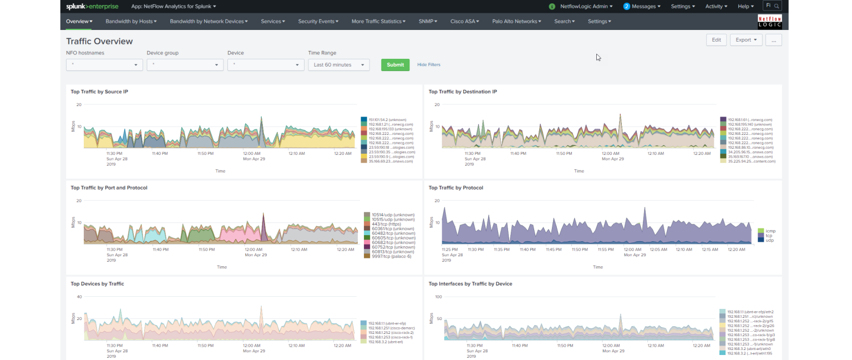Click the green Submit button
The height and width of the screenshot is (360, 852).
point(395,65)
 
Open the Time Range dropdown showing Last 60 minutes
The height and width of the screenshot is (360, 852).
point(339,65)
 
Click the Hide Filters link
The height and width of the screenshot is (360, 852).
point(429,65)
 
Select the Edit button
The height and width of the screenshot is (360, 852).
point(716,40)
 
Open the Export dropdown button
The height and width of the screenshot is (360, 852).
point(746,40)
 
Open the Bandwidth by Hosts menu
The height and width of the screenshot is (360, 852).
point(131,22)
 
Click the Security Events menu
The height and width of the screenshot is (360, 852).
point(318,22)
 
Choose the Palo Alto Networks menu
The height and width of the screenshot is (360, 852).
point(516,22)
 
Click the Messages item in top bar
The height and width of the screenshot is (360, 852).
point(642,7)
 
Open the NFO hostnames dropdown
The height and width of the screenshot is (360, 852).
point(104,65)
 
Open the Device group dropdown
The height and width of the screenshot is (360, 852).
point(185,65)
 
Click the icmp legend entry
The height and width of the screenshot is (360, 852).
point(770,231)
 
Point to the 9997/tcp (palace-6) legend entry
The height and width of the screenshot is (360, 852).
point(391,256)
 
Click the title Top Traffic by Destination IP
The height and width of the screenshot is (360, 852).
point(463,92)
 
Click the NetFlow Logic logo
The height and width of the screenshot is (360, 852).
point(769,22)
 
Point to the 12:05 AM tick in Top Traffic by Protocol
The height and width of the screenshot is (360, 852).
point(658,250)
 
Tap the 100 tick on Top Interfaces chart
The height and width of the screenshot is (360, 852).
point(438,297)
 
